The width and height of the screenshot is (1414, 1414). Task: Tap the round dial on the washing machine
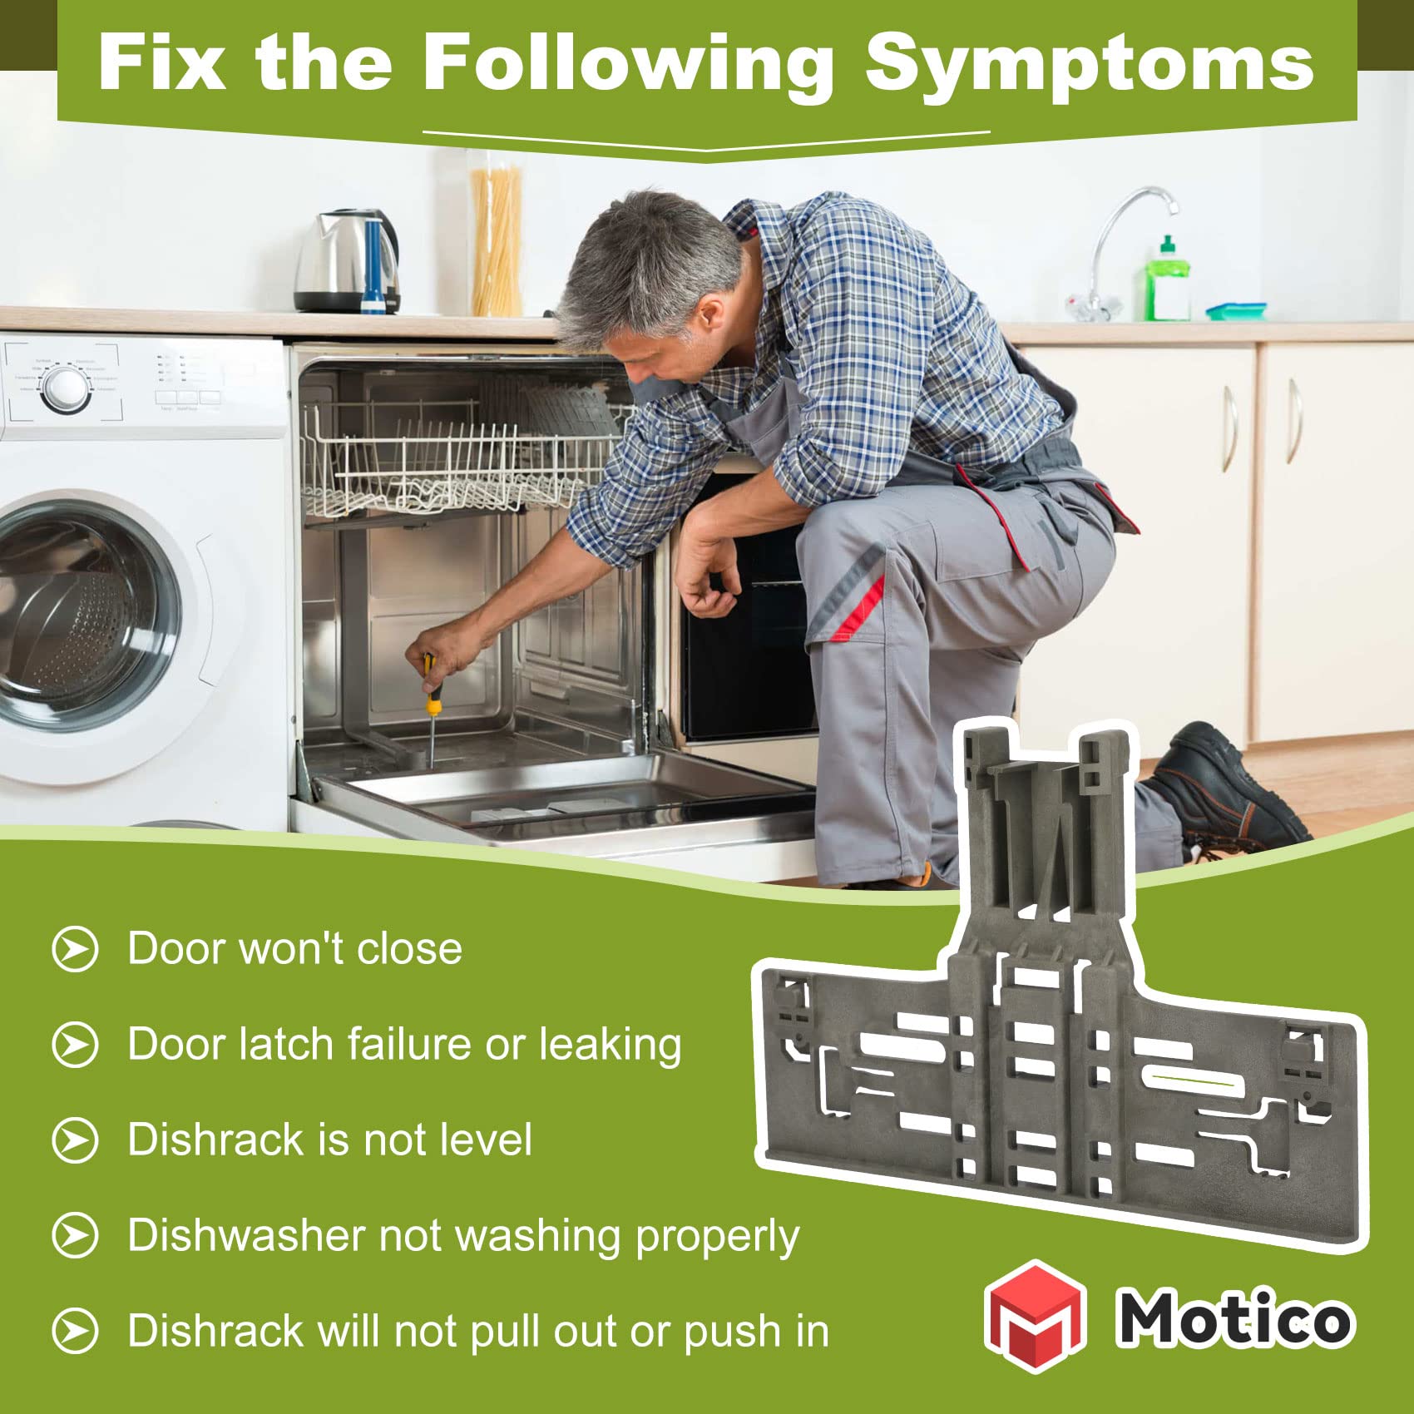(66, 388)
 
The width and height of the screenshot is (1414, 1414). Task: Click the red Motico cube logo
(1036, 1317)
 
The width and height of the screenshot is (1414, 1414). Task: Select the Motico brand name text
(1235, 1318)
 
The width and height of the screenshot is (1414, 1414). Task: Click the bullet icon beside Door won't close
(75, 948)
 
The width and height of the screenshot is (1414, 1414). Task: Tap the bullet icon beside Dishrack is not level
(75, 1140)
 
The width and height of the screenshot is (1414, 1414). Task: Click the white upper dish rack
(457, 457)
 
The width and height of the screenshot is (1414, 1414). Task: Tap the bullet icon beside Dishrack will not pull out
(75, 1331)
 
